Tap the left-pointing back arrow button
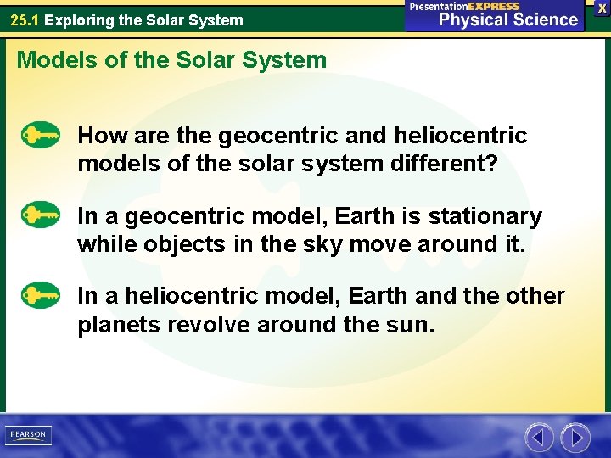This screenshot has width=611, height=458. tap(539, 438)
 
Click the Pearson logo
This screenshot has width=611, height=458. tap(27, 435)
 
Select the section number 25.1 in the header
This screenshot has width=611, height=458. tap(25, 20)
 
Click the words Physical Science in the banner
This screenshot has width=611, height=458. tap(508, 20)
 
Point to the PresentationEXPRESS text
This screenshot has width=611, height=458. tap(464, 6)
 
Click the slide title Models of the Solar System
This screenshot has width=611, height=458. tap(171, 60)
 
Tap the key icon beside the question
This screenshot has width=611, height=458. tap(41, 136)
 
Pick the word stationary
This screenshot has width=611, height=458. tap(485, 217)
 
